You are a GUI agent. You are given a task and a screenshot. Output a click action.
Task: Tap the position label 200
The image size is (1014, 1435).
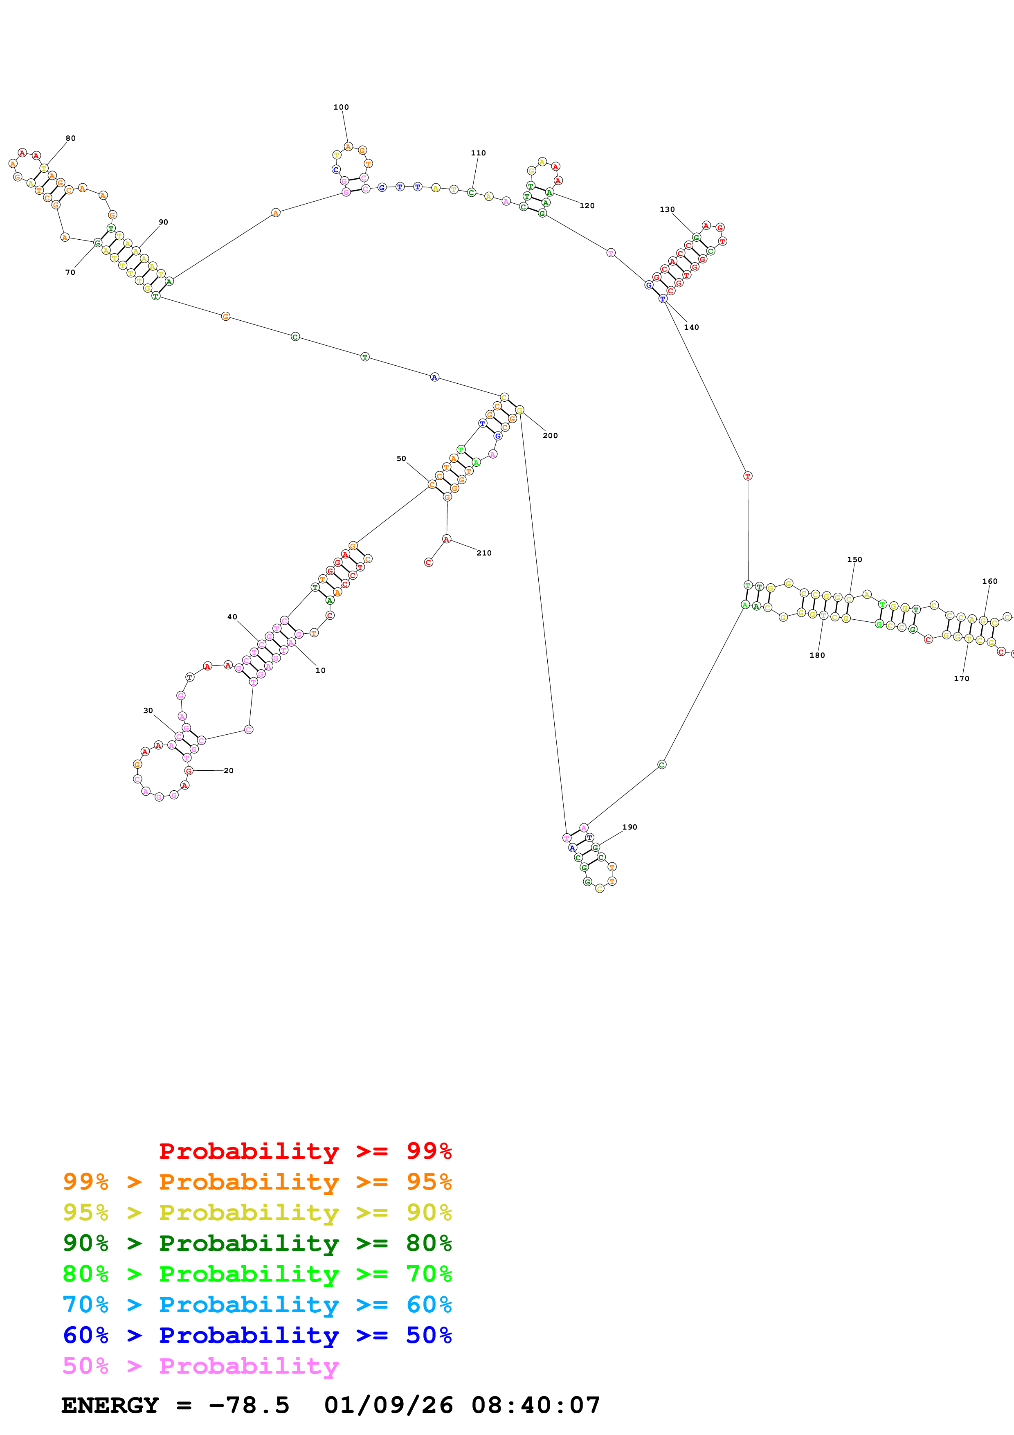pyautogui.click(x=550, y=436)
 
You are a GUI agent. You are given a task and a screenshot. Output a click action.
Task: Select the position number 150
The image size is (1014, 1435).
pyautogui.click(x=854, y=559)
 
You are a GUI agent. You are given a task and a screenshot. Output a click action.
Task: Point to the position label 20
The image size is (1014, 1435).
pyautogui.click(x=229, y=771)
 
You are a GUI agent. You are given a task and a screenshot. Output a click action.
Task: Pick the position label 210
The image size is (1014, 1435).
pyautogui.click(x=483, y=553)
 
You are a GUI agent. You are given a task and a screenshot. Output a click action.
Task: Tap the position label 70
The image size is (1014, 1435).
pyautogui.click(x=70, y=272)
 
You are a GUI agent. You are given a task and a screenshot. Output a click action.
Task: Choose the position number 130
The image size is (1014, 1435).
pyautogui.click(x=667, y=209)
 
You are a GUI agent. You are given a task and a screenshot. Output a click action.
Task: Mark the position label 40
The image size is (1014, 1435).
pyautogui.click(x=232, y=617)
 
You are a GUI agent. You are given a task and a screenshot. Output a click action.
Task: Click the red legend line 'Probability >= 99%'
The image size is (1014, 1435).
pyautogui.click(x=305, y=1151)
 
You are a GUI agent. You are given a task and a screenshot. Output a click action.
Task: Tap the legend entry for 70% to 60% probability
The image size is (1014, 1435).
pyautogui.click(x=257, y=1305)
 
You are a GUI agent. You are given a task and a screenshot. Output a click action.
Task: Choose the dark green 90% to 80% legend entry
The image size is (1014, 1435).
pyautogui.click(x=257, y=1243)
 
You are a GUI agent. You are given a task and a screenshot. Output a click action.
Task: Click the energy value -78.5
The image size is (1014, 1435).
pyautogui.click(x=249, y=1405)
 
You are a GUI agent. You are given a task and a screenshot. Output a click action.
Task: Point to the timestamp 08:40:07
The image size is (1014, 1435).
pyautogui.click(x=535, y=1405)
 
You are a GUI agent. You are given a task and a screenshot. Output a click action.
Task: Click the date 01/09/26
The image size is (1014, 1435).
pyautogui.click(x=388, y=1405)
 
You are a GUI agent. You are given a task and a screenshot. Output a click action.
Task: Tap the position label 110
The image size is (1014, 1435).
pyautogui.click(x=478, y=153)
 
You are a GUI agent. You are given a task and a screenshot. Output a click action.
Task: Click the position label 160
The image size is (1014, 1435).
pyautogui.click(x=989, y=581)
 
